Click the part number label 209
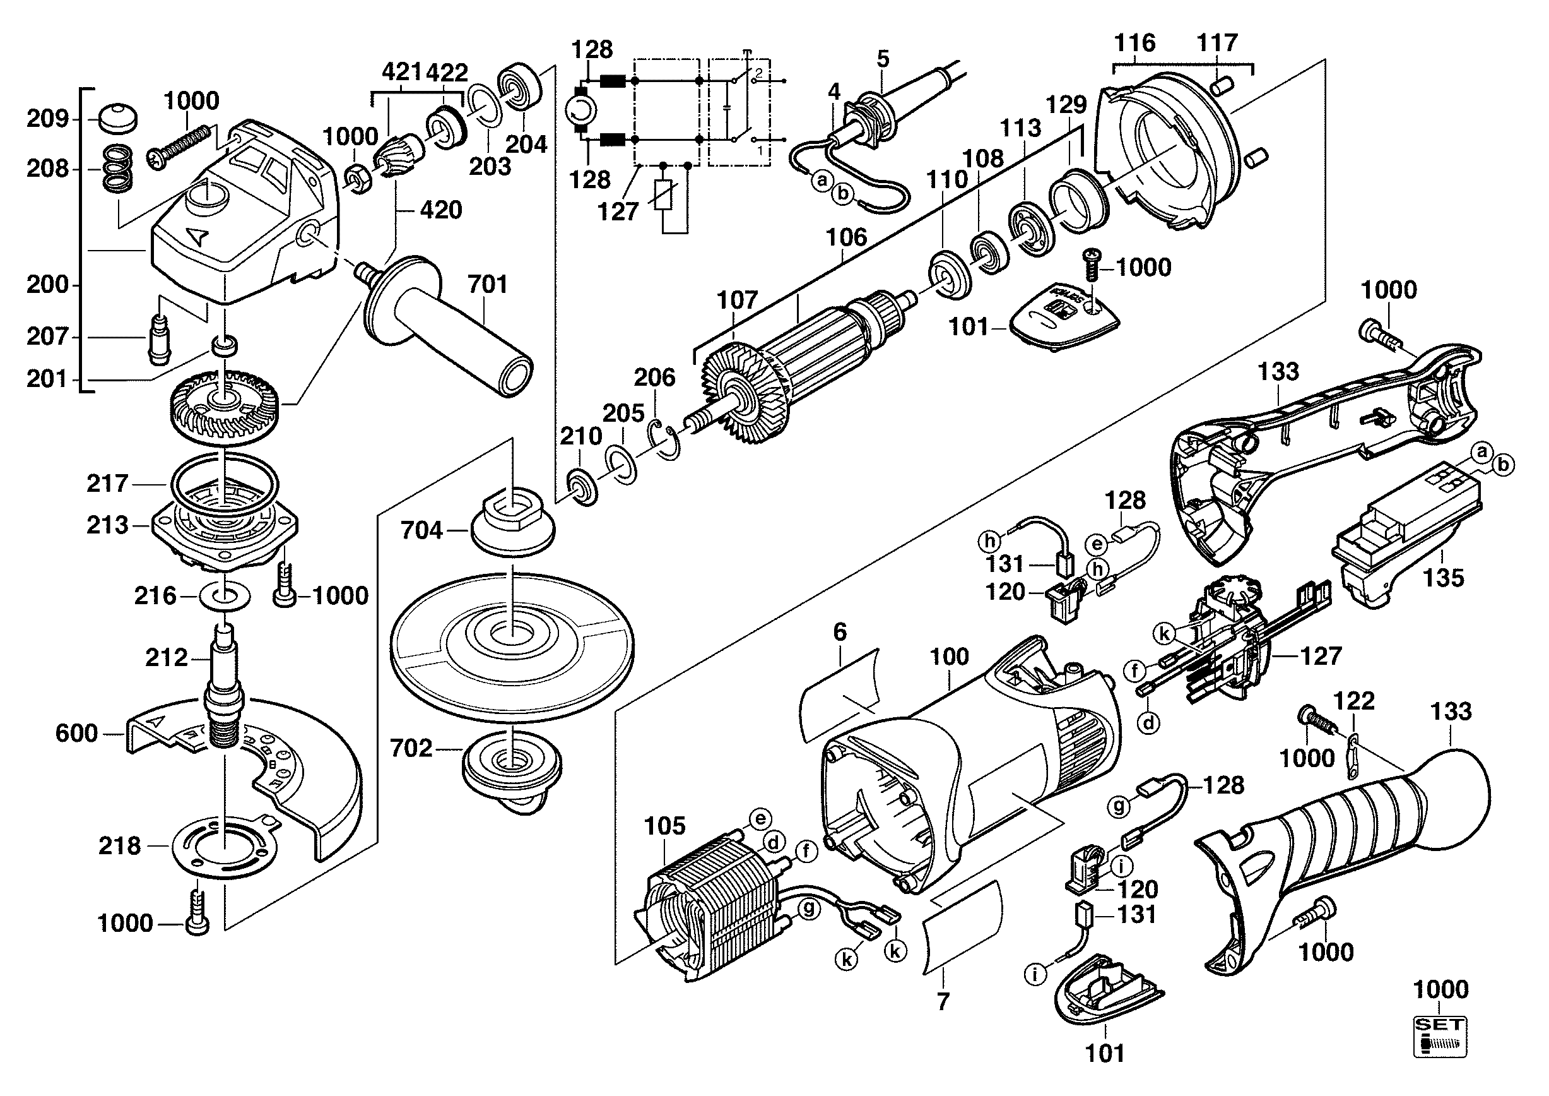[x=48, y=119]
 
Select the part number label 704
[x=421, y=530]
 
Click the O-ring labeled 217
[x=224, y=483]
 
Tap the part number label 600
[x=76, y=733]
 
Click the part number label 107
[x=738, y=300]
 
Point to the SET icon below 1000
[x=1440, y=1037]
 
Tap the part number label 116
[x=1134, y=42]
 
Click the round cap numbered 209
[x=117, y=119]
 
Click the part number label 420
[x=440, y=210]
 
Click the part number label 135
[x=1444, y=578]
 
